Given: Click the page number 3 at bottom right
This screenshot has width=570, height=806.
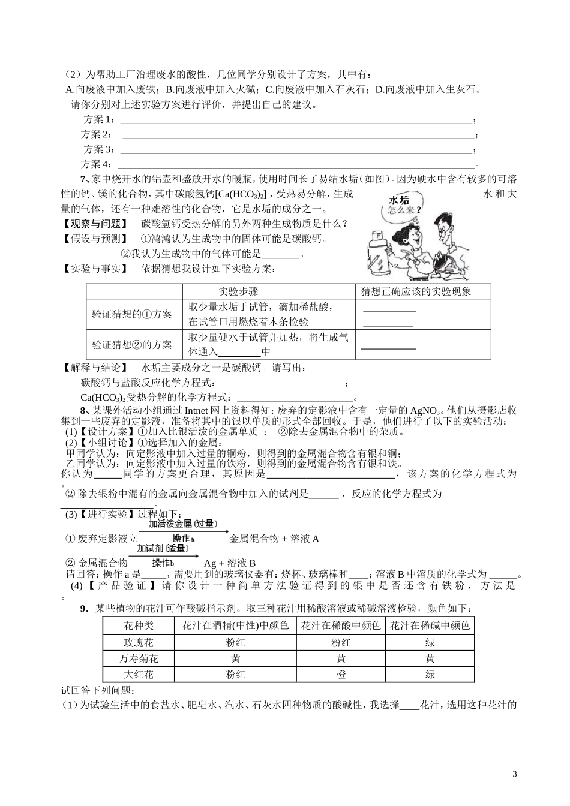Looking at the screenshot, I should (x=514, y=774).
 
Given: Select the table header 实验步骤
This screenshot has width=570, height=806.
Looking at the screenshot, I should (x=238, y=291).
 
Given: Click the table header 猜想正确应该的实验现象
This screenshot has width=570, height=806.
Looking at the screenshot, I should (x=416, y=291).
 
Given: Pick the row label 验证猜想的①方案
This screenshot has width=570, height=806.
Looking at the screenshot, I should (x=132, y=314).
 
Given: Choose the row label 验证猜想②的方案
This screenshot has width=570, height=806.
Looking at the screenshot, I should (x=132, y=345).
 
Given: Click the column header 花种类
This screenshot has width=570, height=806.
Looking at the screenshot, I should (x=139, y=625).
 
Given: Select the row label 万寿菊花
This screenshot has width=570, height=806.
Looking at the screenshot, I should (x=139, y=658).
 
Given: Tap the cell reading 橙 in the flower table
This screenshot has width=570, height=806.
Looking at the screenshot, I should (x=341, y=674).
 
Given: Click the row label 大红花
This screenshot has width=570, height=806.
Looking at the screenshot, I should (x=139, y=674).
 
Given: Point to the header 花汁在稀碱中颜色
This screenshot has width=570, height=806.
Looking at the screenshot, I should (x=430, y=625).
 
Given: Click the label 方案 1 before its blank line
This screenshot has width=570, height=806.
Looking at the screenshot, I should (x=98, y=119).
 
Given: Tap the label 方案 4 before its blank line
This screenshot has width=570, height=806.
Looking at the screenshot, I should (x=96, y=164).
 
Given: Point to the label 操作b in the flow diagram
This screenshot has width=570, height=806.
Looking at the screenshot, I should (x=163, y=563).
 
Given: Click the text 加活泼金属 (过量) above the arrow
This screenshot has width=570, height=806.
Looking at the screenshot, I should (x=182, y=524).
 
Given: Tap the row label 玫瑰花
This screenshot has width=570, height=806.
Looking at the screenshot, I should (x=139, y=642).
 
